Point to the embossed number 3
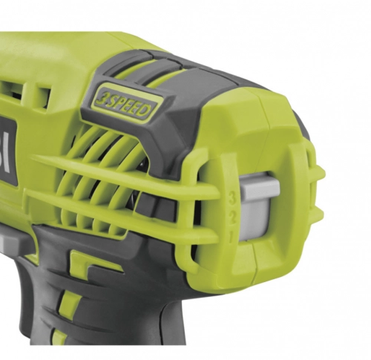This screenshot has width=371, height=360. [233, 199]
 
